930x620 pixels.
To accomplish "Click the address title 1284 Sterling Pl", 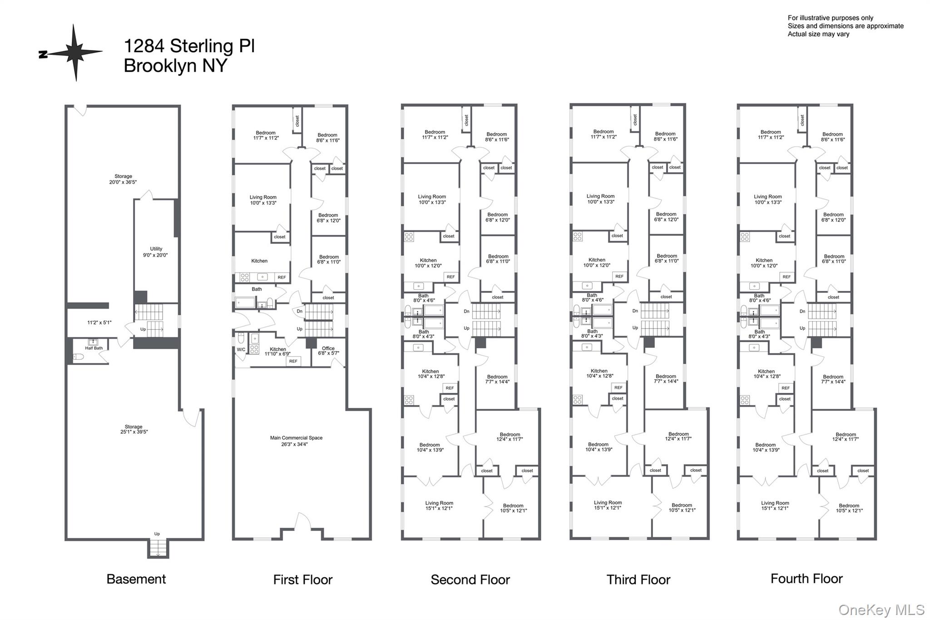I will tap(189, 46).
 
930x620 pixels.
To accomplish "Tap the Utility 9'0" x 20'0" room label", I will tap(156, 252).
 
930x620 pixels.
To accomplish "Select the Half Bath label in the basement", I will tap(94, 348).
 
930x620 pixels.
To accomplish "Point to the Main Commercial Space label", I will tap(296, 441).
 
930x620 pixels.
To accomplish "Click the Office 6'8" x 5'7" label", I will tap(328, 351).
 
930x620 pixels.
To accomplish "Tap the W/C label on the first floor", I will tap(241, 349).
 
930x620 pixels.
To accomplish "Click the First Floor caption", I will tap(302, 580).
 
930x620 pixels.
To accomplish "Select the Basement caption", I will tap(136, 579).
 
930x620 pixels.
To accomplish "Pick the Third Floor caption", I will tap(638, 580).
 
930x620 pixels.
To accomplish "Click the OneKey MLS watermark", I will tap(881, 610).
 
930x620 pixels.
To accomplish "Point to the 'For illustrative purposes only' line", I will tap(830, 18).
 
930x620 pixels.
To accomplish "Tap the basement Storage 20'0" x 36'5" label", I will tap(123, 179).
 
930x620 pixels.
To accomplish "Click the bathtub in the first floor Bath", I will tap(245, 303).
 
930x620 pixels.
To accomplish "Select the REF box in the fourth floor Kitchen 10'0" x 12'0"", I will tap(787, 277).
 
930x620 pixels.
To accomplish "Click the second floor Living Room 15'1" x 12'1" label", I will tap(439, 506).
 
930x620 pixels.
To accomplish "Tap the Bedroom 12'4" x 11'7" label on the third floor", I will tap(678, 436).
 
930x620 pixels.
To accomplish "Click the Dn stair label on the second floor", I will tap(466, 311).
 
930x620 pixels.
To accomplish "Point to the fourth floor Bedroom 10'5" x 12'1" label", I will tap(849, 508).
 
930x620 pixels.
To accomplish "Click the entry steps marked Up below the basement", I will tap(157, 549).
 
